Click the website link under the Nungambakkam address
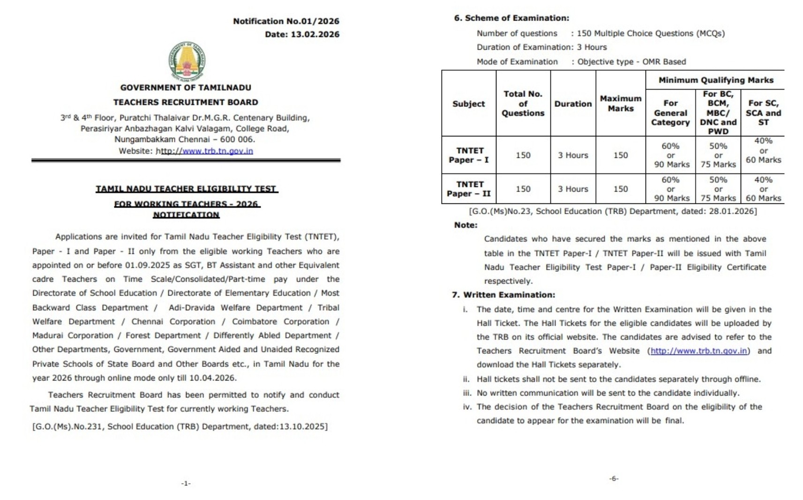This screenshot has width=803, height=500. [206, 151]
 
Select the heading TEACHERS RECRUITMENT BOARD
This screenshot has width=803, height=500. [186, 102]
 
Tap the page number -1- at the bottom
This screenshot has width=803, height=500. [186, 483]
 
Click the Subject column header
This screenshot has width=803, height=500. [468, 104]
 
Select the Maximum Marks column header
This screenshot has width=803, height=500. [620, 104]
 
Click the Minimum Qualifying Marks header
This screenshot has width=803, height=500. [715, 80]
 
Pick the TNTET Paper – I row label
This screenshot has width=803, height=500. [469, 155]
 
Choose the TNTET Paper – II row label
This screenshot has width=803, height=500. [469, 189]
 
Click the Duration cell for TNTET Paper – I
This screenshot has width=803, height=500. [573, 155]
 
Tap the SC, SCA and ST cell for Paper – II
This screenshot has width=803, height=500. [763, 189]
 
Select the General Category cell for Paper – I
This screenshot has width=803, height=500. [670, 155]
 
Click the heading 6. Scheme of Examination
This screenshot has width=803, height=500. [511, 18]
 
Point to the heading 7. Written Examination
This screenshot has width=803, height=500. [503, 295]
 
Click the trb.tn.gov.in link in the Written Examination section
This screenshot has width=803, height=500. [698, 351]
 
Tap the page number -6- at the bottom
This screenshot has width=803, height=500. [614, 478]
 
